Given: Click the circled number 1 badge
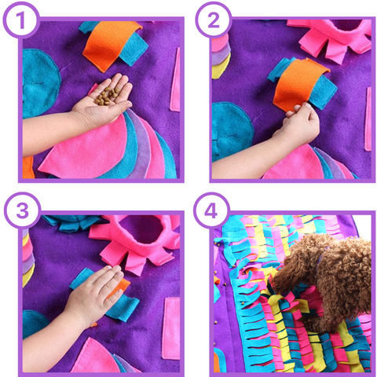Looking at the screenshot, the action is [x=21, y=20].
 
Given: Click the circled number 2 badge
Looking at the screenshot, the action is [x=214, y=20].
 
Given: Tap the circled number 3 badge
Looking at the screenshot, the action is [x=23, y=210].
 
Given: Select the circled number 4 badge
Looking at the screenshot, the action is [x=211, y=210].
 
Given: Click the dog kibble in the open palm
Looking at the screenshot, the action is [x=107, y=96].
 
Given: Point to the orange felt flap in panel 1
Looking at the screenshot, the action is [x=109, y=45].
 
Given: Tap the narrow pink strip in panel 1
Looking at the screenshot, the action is [x=175, y=80].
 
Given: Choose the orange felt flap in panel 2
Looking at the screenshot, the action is [x=298, y=84].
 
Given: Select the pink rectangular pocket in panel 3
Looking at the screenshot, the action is [x=172, y=328].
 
